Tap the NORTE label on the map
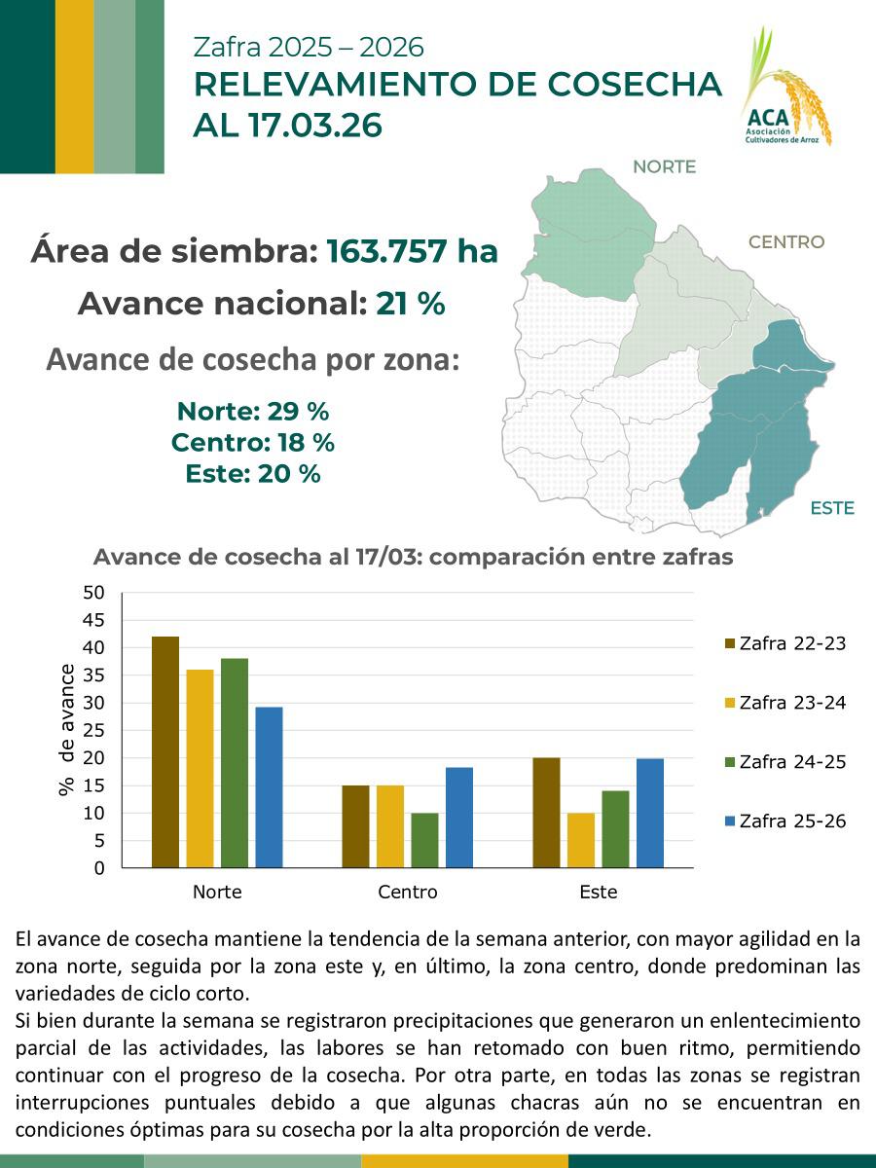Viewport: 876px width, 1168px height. (x=664, y=166)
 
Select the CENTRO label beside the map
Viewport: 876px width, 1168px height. (x=785, y=242)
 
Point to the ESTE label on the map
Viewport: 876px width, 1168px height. (x=831, y=508)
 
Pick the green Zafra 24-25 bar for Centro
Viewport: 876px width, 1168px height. (x=424, y=840)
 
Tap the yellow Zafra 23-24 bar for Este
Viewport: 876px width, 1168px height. (x=581, y=840)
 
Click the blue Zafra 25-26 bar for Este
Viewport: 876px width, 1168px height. (x=649, y=813)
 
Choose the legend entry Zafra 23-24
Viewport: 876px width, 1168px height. (x=785, y=703)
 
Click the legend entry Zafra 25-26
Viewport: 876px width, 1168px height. (x=785, y=821)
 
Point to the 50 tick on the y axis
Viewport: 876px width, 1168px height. (x=93, y=593)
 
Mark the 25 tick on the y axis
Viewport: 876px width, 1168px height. (x=93, y=730)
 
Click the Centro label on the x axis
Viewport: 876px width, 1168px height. (x=407, y=892)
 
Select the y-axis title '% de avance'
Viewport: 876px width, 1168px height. (x=67, y=730)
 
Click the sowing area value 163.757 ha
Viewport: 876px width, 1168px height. (x=412, y=251)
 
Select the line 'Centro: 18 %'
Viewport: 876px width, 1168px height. (x=253, y=443)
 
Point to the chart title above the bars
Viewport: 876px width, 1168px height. (x=413, y=558)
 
